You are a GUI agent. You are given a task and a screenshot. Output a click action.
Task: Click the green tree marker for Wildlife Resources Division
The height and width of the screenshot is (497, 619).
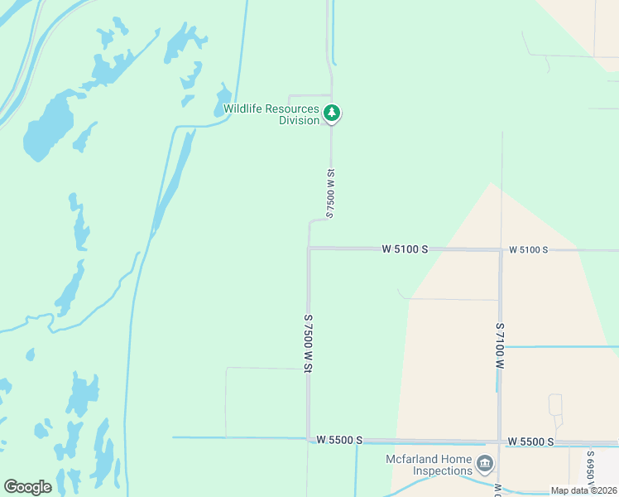pyautogui.click(x=332, y=113)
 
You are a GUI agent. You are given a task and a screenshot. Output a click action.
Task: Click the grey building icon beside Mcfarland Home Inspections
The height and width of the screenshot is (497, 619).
pyautogui.click(x=485, y=462)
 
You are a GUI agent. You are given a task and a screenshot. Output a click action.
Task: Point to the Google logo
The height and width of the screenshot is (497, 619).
pyautogui.click(x=27, y=486)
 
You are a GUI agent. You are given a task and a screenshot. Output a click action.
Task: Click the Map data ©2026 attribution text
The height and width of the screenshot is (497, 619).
pyautogui.click(x=583, y=490)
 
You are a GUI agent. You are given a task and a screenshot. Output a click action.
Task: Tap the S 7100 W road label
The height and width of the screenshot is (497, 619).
pyautogui.click(x=500, y=345)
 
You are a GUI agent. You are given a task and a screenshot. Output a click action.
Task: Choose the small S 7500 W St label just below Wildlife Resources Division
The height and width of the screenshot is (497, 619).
pyautogui.click(x=330, y=192)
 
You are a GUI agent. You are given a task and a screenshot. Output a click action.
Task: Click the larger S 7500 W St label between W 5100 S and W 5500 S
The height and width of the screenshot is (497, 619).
pyautogui.click(x=308, y=344)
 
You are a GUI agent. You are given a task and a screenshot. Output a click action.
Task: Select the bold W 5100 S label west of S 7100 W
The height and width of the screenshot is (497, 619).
pyautogui.click(x=405, y=248)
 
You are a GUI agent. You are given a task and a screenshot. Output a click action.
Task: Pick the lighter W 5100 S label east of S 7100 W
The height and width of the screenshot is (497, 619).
pyautogui.click(x=528, y=249)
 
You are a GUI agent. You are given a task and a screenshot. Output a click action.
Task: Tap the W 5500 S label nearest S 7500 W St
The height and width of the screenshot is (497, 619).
pyautogui.click(x=339, y=440)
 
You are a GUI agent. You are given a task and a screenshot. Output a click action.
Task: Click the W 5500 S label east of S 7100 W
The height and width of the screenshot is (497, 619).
pyautogui.click(x=530, y=442)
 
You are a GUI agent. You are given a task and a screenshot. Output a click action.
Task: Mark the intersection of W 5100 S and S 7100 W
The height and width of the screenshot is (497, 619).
pyautogui.click(x=501, y=249)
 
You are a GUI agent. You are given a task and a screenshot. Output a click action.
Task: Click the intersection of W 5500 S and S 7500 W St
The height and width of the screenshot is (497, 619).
pyautogui.click(x=309, y=439)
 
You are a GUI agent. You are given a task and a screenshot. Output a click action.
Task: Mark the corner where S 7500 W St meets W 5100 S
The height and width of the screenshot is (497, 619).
pyautogui.click(x=309, y=248)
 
